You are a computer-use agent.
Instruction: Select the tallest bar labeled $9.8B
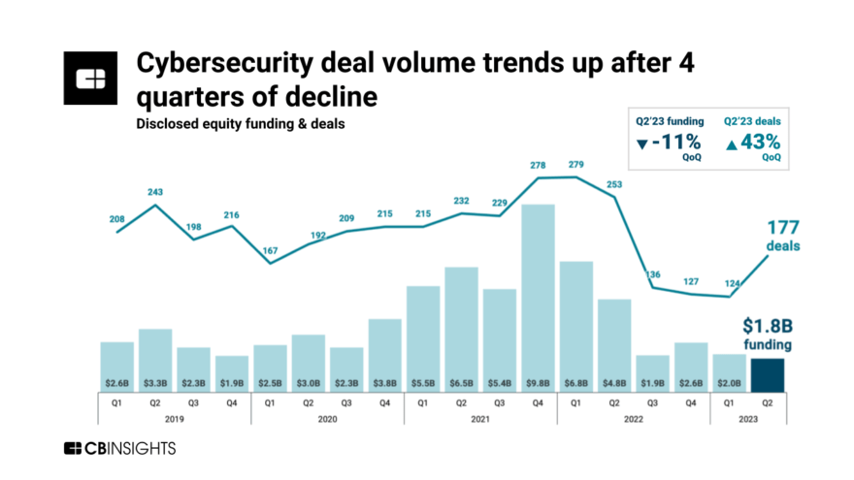[x=538, y=291]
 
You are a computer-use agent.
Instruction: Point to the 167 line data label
[x=270, y=249]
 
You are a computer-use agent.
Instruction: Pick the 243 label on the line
[x=155, y=191]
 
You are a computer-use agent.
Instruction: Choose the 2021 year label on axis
[x=480, y=418]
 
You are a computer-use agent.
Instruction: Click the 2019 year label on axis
[x=174, y=418]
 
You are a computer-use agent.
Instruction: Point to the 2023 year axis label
[x=747, y=418]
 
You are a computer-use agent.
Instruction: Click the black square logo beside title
[x=90, y=78]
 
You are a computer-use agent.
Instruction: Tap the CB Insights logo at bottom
[x=119, y=448]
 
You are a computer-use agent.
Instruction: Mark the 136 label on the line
[x=653, y=274]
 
